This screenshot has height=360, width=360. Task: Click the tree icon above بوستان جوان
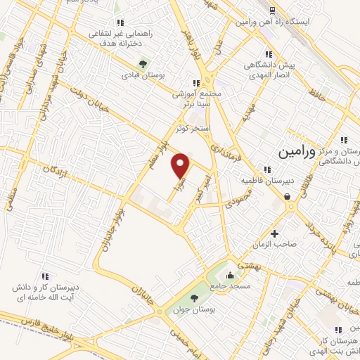click(x=195, y=298)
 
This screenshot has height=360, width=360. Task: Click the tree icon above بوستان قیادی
click(x=143, y=63)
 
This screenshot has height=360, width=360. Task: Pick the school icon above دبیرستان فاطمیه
click(x=266, y=169)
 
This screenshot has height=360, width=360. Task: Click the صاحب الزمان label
click(x=274, y=244)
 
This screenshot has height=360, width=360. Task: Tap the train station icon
click(x=271, y=11)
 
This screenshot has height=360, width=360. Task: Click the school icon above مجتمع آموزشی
click(x=196, y=82)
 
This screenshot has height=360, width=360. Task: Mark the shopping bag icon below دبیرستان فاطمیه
click(x=288, y=198)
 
